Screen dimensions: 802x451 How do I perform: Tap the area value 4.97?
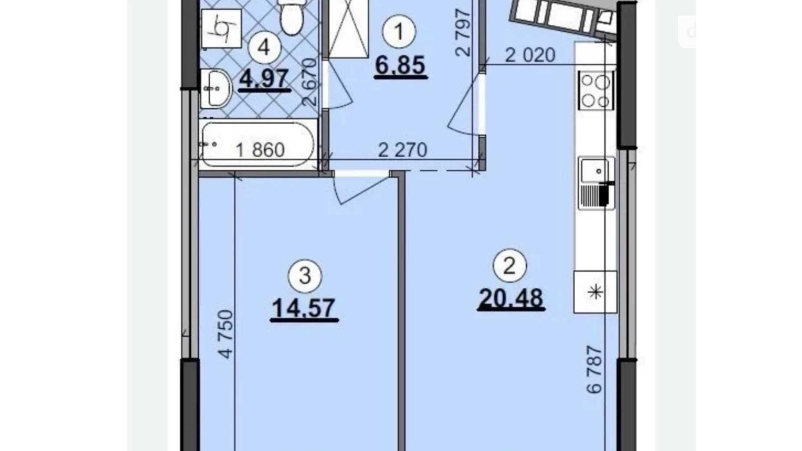[x=264, y=78]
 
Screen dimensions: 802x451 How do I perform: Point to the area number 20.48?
[x=511, y=298]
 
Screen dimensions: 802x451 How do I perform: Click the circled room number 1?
[x=399, y=32]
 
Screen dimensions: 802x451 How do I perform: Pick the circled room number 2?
[x=510, y=265]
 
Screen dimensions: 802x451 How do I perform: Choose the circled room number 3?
[x=305, y=276]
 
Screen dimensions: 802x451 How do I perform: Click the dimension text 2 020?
[x=530, y=55]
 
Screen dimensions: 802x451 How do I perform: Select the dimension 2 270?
[x=403, y=150]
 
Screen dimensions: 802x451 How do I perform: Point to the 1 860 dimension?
[x=260, y=150]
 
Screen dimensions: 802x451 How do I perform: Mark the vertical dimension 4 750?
[x=226, y=334]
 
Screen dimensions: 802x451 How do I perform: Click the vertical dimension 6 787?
[x=594, y=369]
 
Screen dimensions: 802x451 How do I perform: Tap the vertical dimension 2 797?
[x=463, y=33]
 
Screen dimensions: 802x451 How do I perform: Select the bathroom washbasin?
[x=216, y=88]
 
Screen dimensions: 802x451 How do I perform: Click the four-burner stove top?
[x=596, y=91]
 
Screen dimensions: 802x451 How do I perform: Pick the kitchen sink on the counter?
[x=597, y=183]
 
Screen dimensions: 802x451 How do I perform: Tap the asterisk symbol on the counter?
[x=595, y=291]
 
